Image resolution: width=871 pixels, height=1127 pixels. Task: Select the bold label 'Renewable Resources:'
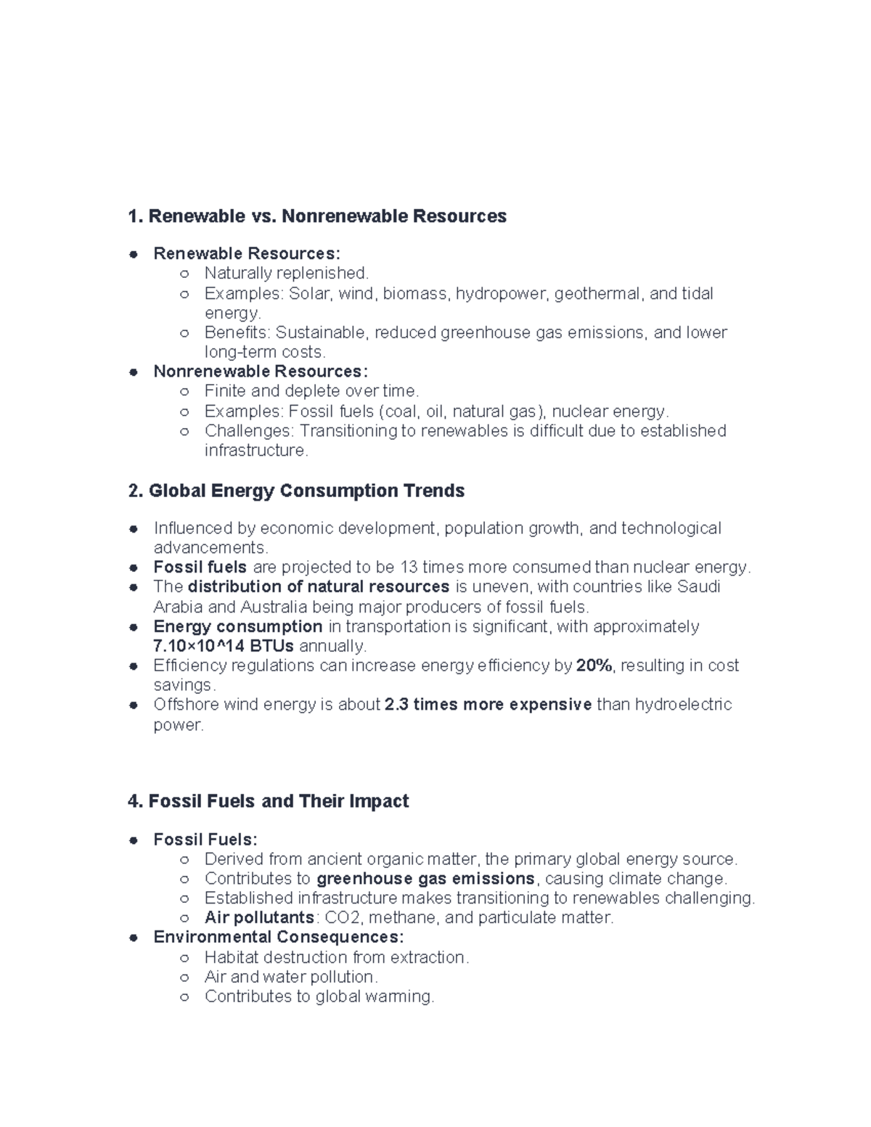246,253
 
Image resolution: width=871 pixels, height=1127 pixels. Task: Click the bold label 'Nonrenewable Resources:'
261,372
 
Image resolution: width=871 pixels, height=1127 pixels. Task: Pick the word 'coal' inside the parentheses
401,411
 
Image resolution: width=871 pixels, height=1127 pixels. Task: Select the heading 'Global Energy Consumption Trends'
306,491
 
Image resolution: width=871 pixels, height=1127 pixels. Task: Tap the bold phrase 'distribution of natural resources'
319,586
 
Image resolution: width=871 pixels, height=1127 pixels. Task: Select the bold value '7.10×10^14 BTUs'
224,646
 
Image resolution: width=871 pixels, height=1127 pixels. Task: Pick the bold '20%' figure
594,665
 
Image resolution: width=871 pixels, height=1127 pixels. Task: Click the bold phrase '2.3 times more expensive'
488,705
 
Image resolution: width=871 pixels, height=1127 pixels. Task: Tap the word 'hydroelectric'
683,705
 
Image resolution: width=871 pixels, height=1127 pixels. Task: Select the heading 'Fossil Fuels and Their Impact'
279,801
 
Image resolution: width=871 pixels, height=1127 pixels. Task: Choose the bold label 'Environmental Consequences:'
279,937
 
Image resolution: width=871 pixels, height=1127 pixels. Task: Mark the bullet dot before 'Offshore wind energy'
134,705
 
